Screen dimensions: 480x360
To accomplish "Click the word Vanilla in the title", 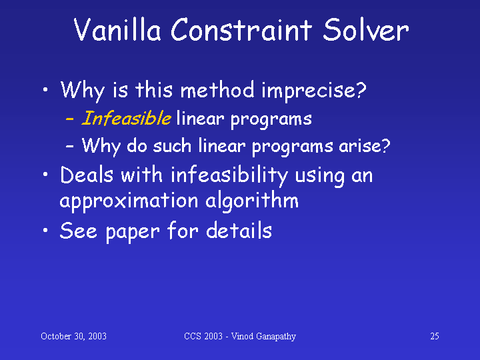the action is pos(117,29).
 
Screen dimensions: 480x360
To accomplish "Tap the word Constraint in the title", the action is pos(241,29).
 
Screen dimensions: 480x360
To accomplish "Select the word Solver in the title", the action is pos(366,29).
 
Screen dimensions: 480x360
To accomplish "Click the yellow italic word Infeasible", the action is pos(127,118).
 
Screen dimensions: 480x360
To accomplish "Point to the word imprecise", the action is pos(314,91).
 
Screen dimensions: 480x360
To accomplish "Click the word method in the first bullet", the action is pos(217,90).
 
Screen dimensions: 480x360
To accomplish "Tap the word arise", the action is pos(364,146).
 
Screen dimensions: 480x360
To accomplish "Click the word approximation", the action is pos(129,202).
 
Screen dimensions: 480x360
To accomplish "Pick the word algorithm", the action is pos(252,202).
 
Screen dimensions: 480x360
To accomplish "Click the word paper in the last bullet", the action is pos(133,232).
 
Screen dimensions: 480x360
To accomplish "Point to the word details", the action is pos(239,230).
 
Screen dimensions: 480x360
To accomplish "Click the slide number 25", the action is pos(435,336).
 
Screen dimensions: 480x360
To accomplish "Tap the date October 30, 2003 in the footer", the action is pos(73,336).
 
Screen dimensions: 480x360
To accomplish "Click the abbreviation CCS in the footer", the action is pos(193,336).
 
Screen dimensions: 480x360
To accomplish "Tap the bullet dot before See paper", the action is pos(45,230).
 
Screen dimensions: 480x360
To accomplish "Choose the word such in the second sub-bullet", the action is pos(172,145).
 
